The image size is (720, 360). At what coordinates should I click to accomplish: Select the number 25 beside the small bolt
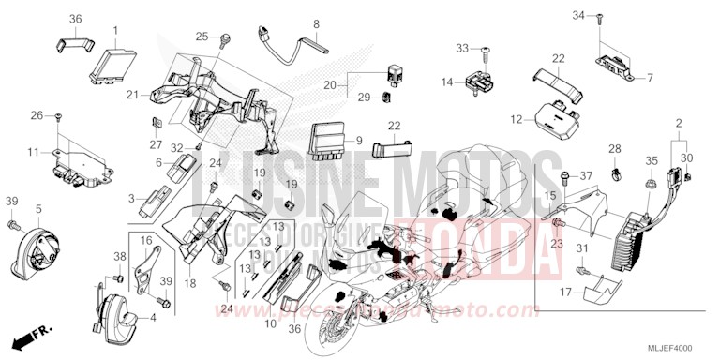click(202, 37)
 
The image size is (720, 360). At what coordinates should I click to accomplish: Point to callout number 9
click(359, 140)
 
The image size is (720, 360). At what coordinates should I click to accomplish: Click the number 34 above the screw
click(578, 16)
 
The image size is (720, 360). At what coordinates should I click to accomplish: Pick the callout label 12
click(516, 120)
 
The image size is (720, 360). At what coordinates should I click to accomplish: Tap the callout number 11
click(32, 151)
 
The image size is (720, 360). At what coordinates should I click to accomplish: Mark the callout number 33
click(462, 48)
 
